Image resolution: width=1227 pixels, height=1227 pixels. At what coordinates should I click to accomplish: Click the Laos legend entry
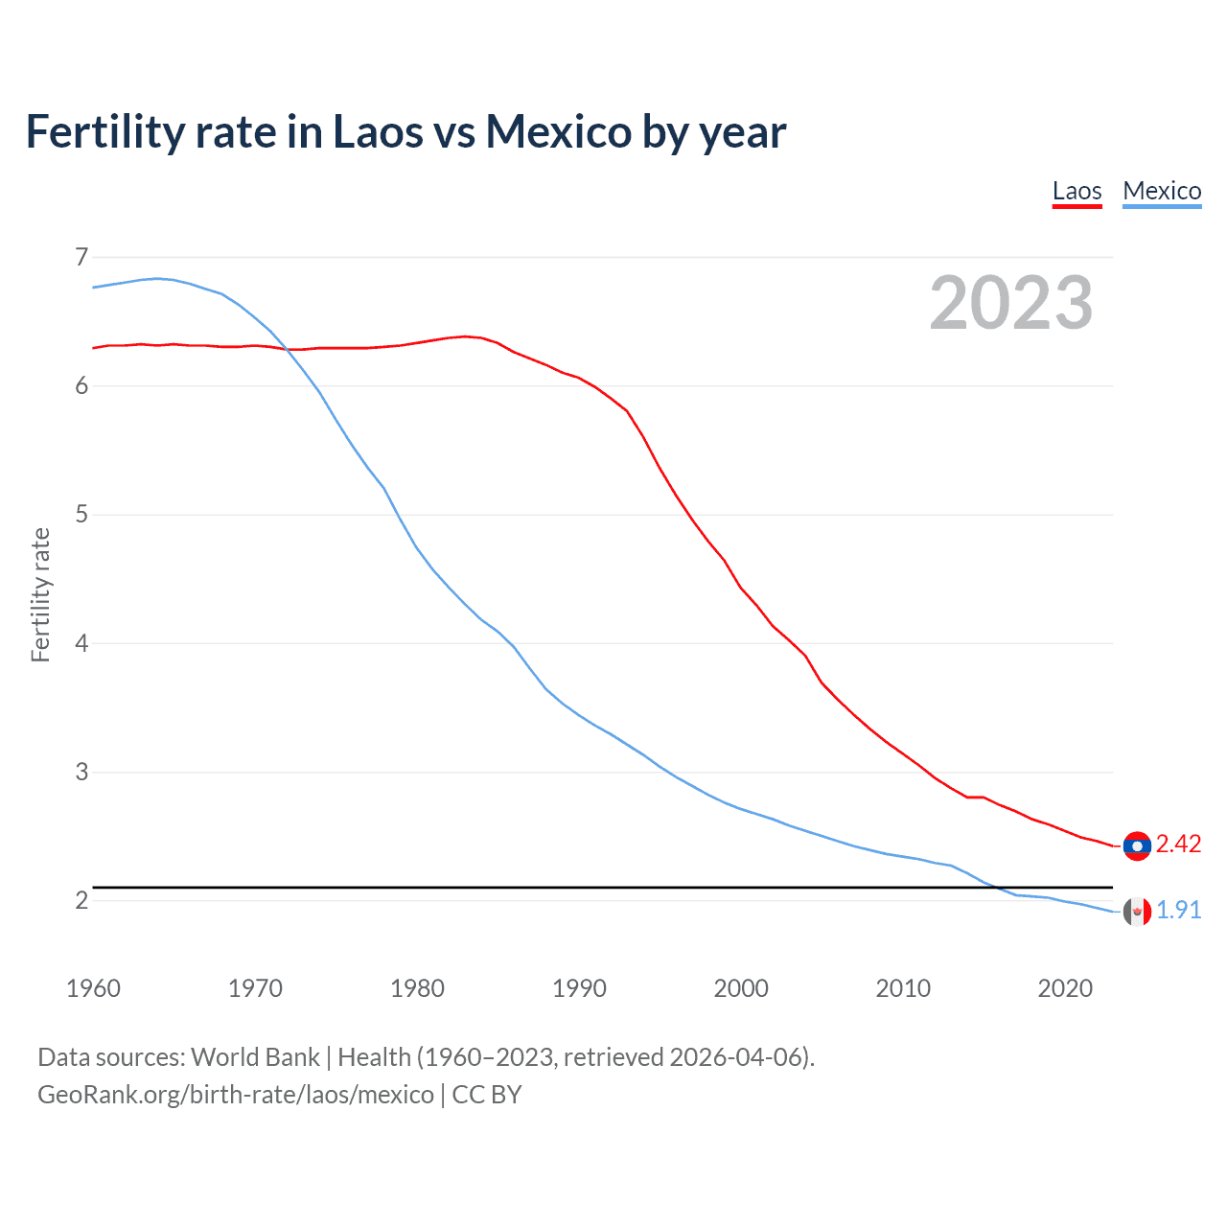point(1077,191)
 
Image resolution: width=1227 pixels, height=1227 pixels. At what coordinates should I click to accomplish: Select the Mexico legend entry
point(1162,191)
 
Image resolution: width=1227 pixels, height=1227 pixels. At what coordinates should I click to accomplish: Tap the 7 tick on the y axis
point(81,257)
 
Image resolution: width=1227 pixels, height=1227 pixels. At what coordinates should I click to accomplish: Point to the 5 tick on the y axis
point(81,515)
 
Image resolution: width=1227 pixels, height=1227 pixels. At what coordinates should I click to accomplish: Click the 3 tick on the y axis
point(81,772)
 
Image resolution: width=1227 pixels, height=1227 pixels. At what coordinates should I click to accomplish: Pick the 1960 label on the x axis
point(93,988)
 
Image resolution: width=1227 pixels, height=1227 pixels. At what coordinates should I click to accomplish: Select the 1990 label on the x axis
point(579,988)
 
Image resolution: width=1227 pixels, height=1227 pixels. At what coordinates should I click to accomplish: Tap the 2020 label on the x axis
point(1065,988)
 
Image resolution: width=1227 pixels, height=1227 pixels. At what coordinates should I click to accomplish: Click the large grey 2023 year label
point(1010,303)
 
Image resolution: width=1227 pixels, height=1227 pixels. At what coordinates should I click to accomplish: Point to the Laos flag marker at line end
point(1137,845)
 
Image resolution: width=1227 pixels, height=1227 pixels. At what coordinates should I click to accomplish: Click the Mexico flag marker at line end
point(1137,912)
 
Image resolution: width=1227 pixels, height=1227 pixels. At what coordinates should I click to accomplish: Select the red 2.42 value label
point(1178,845)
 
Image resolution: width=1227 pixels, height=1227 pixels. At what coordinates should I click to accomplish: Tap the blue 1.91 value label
point(1178,911)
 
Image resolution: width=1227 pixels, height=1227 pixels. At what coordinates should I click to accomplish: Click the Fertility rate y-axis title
point(40,594)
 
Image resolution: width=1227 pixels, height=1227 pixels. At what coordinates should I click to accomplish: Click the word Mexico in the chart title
point(559,132)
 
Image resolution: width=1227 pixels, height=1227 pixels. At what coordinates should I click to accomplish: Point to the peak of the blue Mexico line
point(158,278)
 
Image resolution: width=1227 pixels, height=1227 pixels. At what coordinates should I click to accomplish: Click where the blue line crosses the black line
point(995,888)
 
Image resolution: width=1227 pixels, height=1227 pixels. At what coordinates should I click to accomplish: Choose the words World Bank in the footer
point(255,1057)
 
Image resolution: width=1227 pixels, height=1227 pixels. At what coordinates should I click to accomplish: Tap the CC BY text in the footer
point(486,1095)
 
